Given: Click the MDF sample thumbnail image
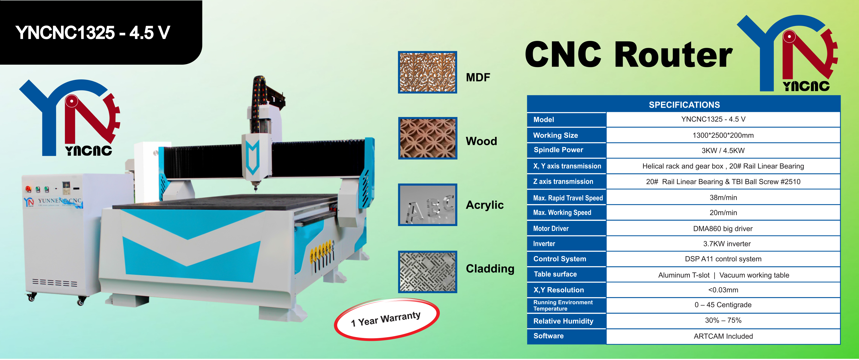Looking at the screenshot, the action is point(428,72).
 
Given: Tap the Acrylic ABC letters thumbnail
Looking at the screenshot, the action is point(428,204).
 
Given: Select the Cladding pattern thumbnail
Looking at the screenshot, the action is point(428,272).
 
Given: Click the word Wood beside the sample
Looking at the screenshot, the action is point(481,141).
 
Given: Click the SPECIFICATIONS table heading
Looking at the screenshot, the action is point(684,105).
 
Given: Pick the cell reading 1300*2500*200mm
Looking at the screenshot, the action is point(723,135).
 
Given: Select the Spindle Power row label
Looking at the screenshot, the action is point(559,150).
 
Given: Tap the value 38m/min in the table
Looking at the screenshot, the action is point(723,198).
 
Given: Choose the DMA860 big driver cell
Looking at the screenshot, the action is point(723,228).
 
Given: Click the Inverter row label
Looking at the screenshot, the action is point(544,244).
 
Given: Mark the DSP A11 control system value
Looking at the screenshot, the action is point(723,259).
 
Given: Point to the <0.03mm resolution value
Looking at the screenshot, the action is point(723,290).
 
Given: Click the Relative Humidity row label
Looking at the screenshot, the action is point(563,321).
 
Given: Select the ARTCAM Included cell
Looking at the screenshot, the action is point(723,336).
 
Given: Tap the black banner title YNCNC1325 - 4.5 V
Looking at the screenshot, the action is point(93,33).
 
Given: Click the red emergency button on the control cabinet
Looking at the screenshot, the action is point(28,189).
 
